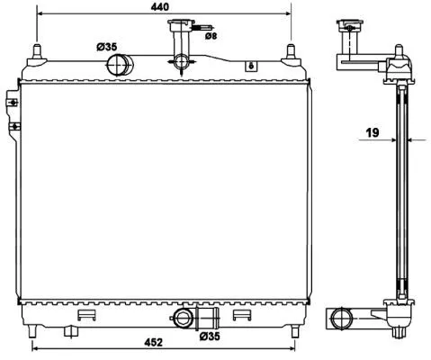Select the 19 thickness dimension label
click(x=373, y=133)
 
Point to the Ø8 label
click(x=210, y=37)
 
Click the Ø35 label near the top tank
click(x=107, y=47)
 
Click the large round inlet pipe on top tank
click(x=118, y=64)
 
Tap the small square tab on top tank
click(x=252, y=65)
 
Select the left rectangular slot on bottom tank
click(x=86, y=315)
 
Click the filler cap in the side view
click(x=347, y=30)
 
